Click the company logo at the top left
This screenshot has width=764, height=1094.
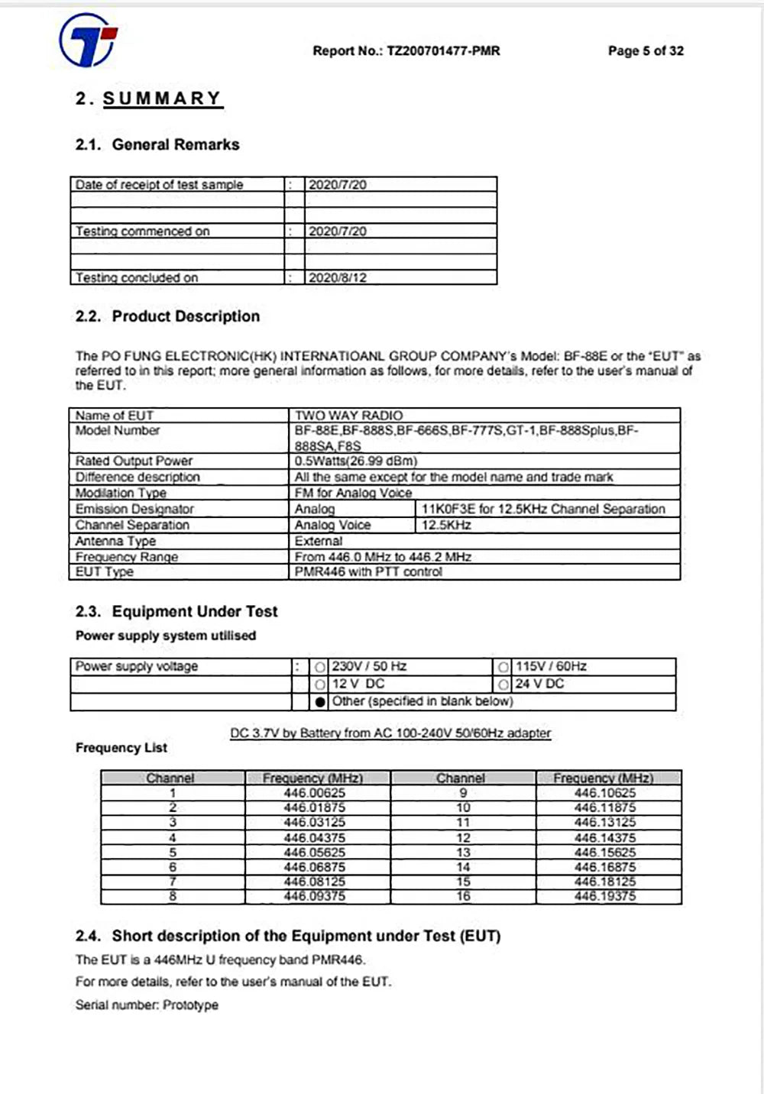pos(89,40)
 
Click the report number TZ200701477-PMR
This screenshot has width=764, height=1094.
pos(443,51)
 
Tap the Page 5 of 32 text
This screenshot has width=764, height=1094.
pos(646,51)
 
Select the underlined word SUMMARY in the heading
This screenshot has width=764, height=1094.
pos(163,99)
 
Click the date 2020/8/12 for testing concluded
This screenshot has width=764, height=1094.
pos(338,277)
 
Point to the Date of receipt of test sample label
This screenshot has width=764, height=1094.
pos(159,185)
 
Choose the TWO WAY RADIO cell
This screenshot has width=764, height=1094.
pos(348,416)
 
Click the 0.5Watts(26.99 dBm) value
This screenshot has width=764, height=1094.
pos(356,461)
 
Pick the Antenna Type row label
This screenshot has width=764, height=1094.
pos(115,541)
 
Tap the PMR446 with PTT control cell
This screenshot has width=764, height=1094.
pos(368,571)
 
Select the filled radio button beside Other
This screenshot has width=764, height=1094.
pos(320,701)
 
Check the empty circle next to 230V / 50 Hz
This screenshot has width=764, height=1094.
pos(320,667)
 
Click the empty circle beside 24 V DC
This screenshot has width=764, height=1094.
pos(503,684)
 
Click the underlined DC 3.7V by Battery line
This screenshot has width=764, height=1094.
pos(390,733)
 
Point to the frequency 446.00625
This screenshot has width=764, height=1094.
pos(314,793)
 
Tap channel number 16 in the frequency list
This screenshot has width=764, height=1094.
pos(463,895)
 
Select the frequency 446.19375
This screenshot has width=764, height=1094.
pos(605,895)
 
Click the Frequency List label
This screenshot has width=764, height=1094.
pos(121,748)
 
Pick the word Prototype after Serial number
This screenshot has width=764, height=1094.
pos(190,1005)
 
